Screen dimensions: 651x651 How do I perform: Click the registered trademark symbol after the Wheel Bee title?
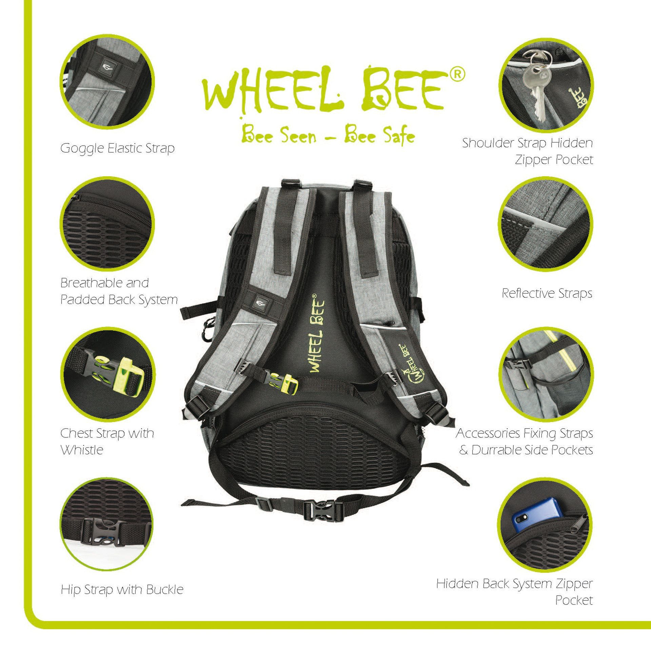point(457,75)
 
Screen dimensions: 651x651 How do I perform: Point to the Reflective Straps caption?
point(547,293)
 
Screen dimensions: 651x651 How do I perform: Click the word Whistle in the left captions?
point(82,450)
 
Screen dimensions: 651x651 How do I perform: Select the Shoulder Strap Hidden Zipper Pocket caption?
point(528,151)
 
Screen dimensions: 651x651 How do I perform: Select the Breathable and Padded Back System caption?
point(119,291)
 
